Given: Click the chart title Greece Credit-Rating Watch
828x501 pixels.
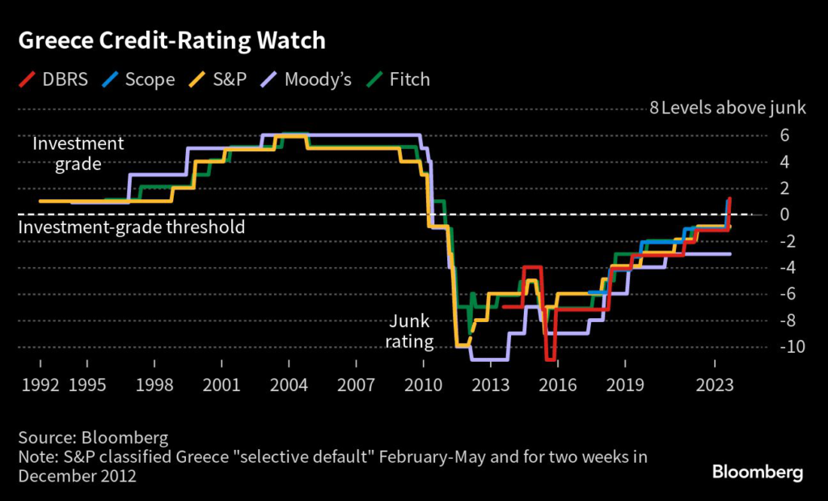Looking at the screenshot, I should point(171,40).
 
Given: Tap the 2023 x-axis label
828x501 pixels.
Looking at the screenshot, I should point(714,385).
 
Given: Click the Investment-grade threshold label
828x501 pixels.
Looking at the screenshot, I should point(131,227).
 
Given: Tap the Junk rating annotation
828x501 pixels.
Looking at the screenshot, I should point(409,332).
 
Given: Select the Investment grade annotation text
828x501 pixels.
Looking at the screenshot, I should point(78,154).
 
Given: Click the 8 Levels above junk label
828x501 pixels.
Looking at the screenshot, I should point(728,108).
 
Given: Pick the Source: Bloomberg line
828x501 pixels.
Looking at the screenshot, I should point(93,438).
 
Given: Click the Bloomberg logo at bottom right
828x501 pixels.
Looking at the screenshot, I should point(757,471).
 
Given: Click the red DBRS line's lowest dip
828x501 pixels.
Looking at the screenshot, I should point(550,359).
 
